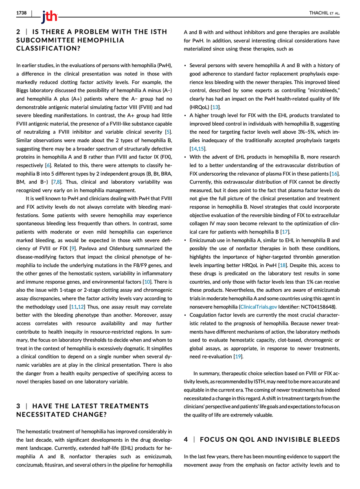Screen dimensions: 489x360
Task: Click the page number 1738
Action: (x=21, y=13)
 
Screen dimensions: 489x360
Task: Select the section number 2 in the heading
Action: (x=18, y=32)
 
